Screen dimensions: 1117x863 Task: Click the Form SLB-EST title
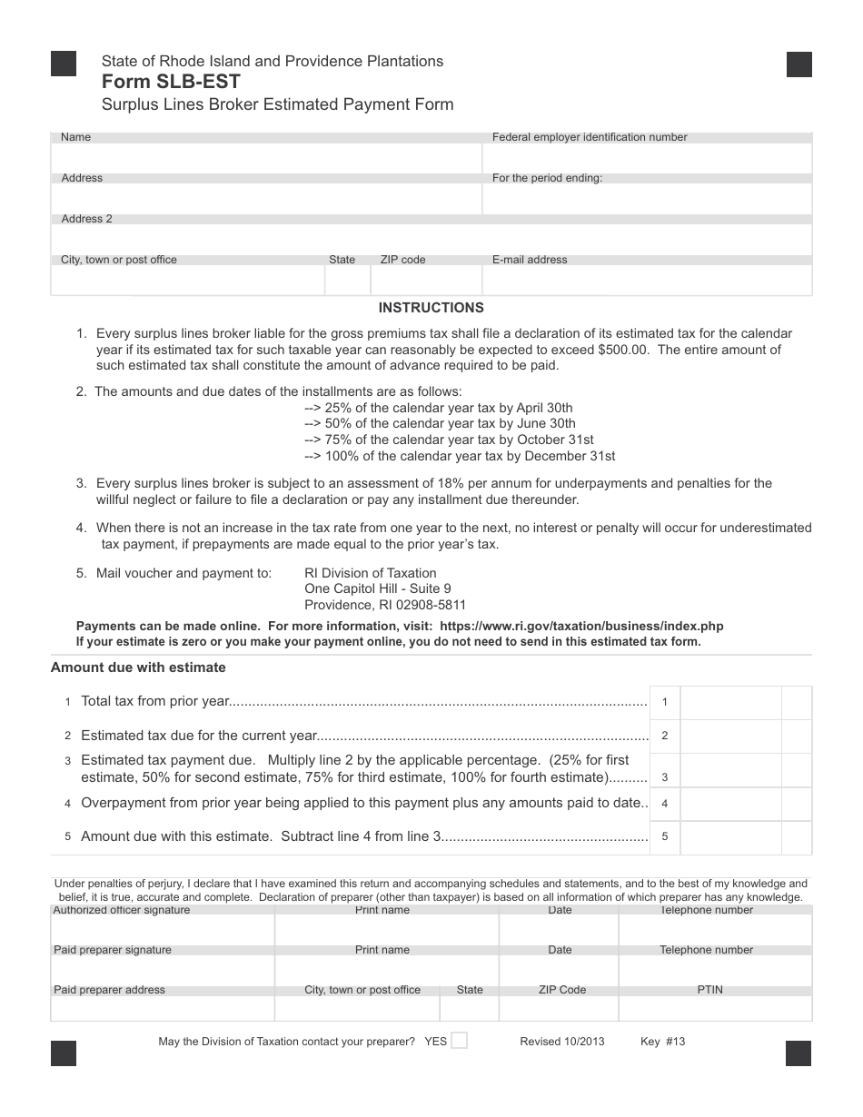pos(171,82)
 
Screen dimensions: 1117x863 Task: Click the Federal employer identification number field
pos(647,158)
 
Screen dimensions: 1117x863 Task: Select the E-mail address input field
pos(647,281)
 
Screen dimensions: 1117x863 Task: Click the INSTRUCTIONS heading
pos(431,308)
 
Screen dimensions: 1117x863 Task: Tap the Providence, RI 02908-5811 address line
pos(385,605)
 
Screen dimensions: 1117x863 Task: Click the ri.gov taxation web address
pos(581,627)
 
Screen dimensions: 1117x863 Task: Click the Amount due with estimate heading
pos(138,667)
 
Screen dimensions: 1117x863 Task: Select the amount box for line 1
pos(730,702)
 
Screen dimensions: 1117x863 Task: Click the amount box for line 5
pos(730,837)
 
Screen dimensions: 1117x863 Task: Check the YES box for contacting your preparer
pos(459,1041)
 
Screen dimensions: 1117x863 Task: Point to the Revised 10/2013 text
pos(561,1042)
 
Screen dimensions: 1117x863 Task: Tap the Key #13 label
pos(662,1042)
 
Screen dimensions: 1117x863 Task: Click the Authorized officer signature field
pos(163,929)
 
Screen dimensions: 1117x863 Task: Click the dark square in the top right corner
pos(799,64)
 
